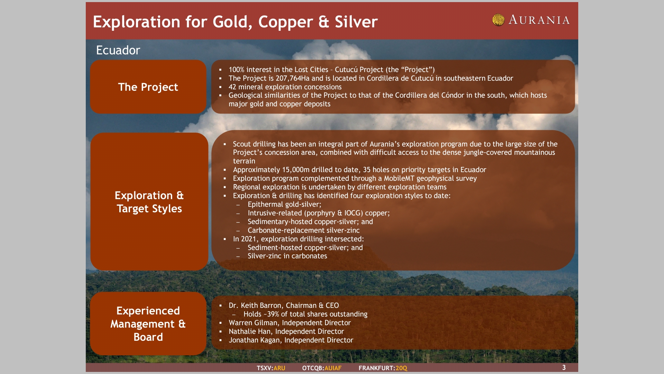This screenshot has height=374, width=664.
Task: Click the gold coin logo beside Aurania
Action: pos(498,20)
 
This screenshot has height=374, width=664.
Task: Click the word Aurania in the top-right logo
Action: pos(539,20)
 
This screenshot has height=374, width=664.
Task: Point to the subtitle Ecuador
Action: pos(118,50)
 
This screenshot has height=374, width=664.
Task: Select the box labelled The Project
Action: pos(148,87)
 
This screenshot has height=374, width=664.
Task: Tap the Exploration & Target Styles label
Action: pos(149,202)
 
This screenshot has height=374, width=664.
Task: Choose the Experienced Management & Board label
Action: pos(148,324)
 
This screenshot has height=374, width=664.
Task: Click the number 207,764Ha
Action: pos(293,78)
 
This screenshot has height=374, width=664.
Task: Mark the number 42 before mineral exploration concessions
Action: pos(232,87)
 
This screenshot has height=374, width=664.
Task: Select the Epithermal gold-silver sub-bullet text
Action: pos(284,204)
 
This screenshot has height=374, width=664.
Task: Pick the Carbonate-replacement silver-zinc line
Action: pos(304,230)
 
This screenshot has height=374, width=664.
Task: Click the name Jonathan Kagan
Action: pos(255,340)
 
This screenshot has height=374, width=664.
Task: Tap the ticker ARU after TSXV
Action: pos(279,368)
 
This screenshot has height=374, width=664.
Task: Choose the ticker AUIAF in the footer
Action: pos(333,368)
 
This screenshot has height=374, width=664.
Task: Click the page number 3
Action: pos(564,367)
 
